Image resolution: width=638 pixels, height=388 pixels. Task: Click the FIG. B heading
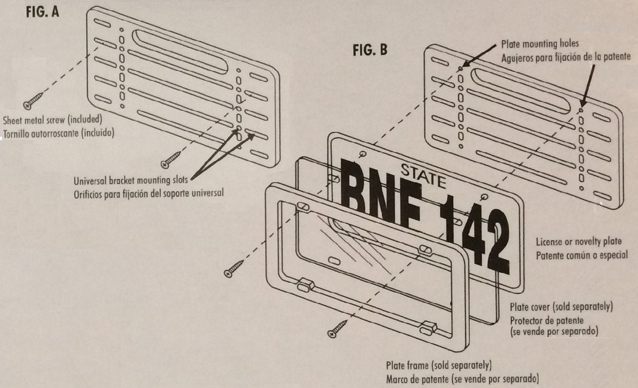click(x=370, y=50)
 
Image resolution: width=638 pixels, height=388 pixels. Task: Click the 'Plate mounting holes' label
click(x=539, y=44)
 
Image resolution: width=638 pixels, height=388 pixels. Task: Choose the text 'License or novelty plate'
click(x=578, y=241)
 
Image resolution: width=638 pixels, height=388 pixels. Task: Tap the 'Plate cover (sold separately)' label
click(x=561, y=307)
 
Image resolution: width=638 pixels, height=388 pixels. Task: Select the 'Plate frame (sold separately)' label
click(x=439, y=365)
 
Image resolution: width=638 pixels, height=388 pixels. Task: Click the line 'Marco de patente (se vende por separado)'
click(x=462, y=378)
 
